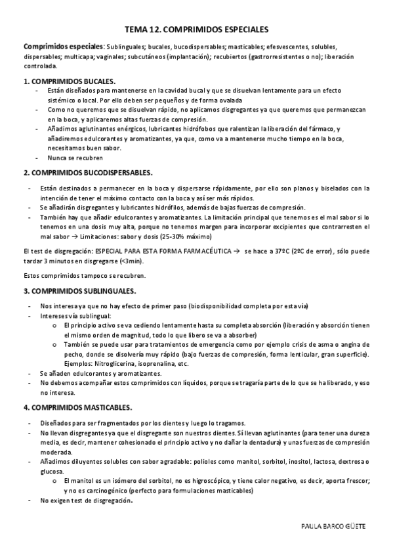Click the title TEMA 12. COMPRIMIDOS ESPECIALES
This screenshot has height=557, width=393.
(196, 30)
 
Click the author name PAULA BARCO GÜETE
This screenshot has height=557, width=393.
(337, 527)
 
